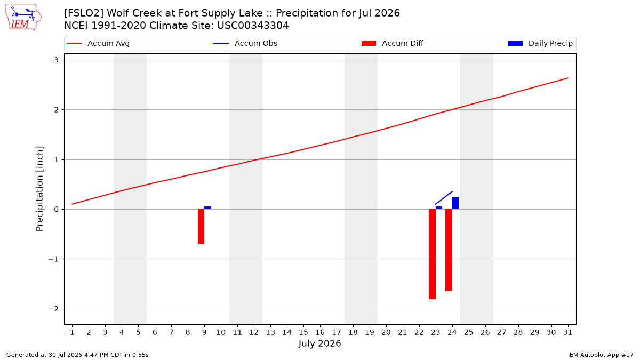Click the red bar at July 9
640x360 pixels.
pos(201,226)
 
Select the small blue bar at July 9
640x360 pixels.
pos(207,207)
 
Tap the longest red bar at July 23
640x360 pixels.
pos(432,254)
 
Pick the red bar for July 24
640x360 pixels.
pos(449,250)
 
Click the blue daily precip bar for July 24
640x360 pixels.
pos(455,203)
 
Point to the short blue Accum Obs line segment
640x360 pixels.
pos(444,198)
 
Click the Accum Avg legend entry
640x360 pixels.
pos(98,43)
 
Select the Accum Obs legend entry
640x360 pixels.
pos(245,43)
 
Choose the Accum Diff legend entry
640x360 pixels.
pos(393,43)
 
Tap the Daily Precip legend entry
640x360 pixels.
pos(540,43)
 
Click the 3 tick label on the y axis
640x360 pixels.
pos(57,60)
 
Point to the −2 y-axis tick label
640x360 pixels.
pos(53,309)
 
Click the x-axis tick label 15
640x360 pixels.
pos(303,332)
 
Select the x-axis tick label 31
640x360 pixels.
pos(567,332)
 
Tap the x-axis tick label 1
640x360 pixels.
pos(73,332)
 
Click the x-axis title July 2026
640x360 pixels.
pos(319,343)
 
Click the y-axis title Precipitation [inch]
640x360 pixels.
pos(39,189)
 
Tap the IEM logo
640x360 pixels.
pos(23,18)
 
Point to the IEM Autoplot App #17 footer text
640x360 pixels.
pos(601,355)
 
